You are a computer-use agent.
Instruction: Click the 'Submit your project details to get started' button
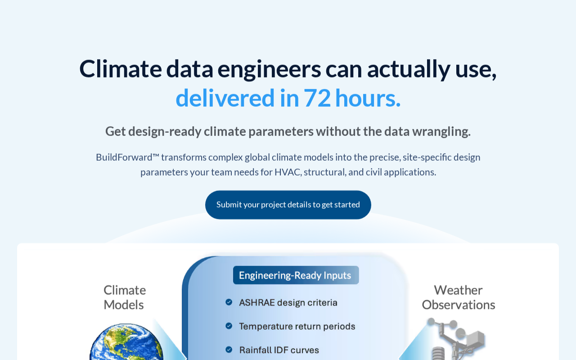click(288, 205)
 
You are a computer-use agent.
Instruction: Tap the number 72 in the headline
click(317, 98)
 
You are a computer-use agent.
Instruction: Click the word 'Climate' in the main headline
click(120, 69)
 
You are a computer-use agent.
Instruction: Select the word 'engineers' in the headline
click(269, 70)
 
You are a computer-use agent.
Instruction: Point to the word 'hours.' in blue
click(368, 98)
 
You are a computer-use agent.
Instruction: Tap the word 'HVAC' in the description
click(288, 172)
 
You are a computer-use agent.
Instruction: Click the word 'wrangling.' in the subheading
click(441, 132)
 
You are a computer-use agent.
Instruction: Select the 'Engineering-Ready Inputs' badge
click(296, 275)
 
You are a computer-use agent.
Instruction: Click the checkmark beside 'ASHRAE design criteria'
click(229, 302)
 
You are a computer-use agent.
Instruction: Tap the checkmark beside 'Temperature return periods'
click(229, 326)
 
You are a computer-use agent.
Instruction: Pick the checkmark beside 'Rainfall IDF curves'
click(229, 350)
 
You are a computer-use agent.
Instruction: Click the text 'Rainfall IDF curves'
click(279, 350)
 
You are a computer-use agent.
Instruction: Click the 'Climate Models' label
click(125, 297)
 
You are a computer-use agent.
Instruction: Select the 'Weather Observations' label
click(459, 297)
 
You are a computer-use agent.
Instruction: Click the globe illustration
click(126, 342)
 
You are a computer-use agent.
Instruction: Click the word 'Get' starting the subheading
click(116, 132)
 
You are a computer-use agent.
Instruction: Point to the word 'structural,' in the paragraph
click(325, 172)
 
